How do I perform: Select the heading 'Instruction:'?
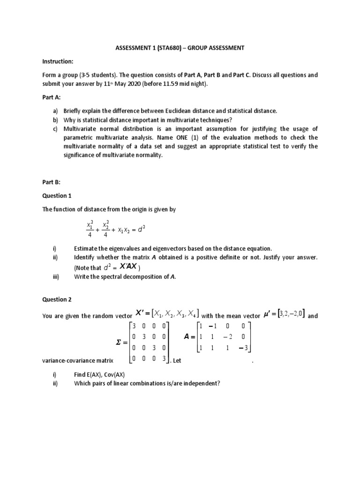[58, 61]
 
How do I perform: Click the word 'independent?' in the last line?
[200, 383]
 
